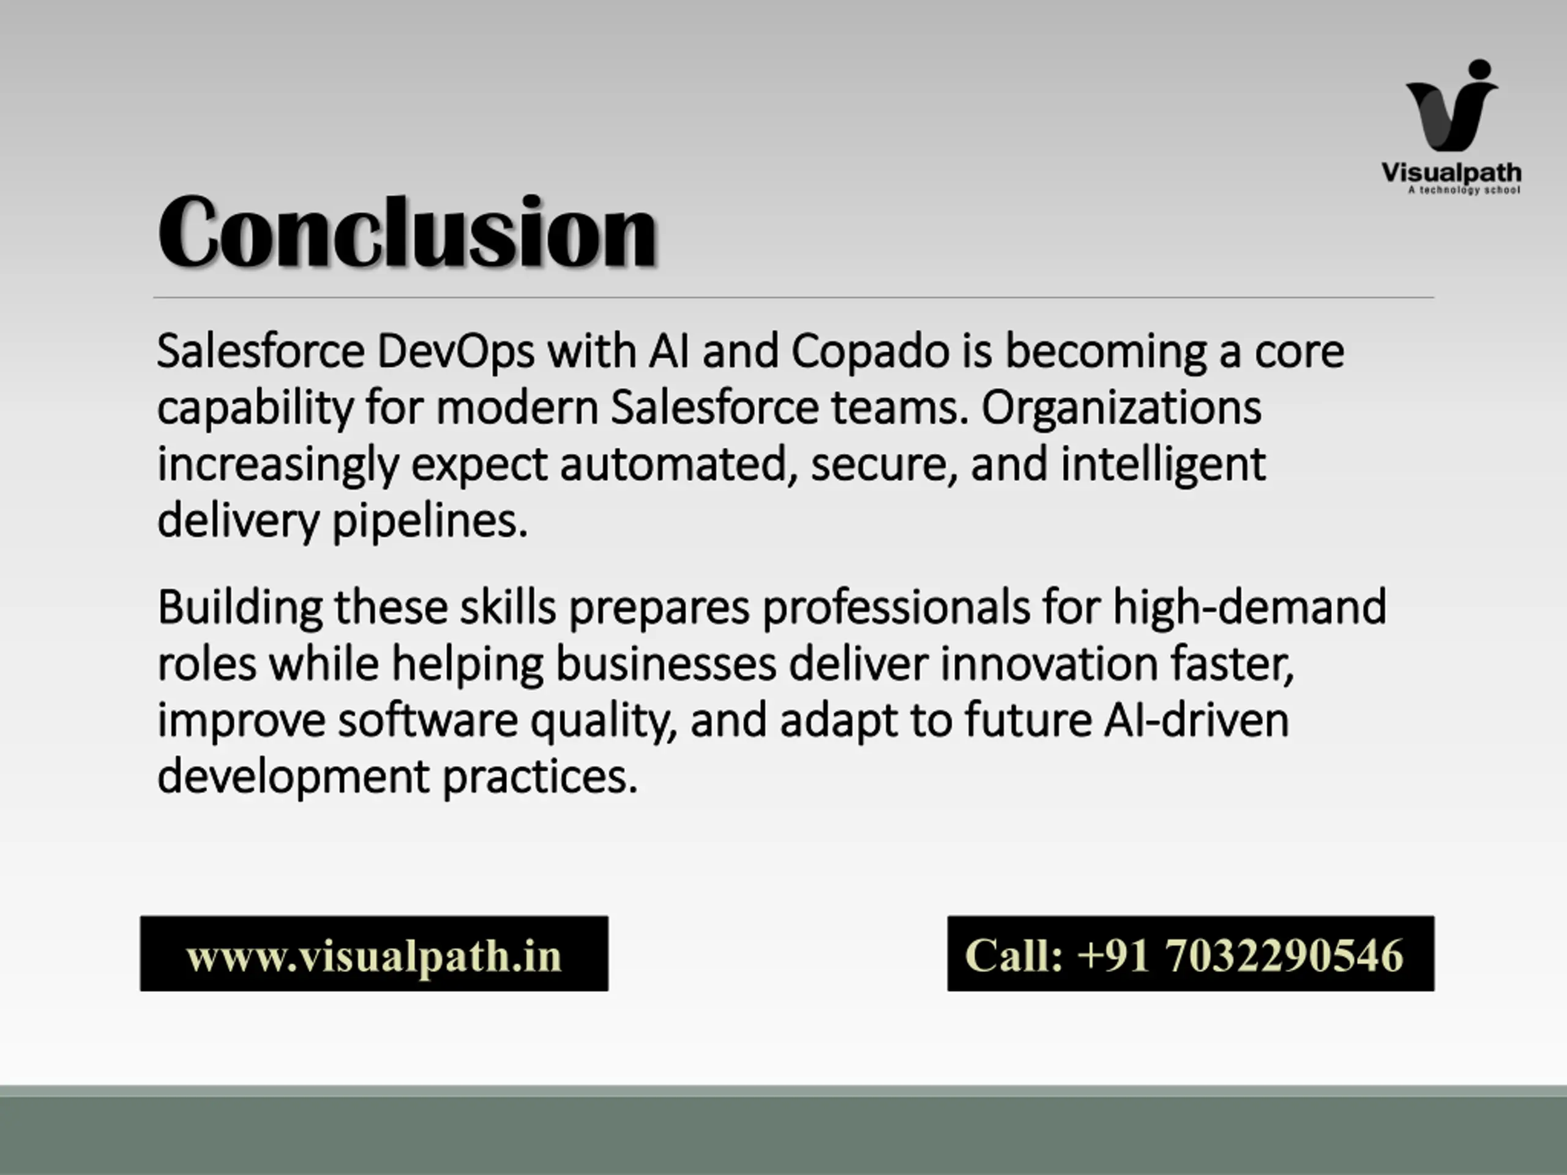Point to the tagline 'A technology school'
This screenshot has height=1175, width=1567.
click(x=1464, y=190)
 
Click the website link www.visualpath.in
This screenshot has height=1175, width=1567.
click(x=374, y=955)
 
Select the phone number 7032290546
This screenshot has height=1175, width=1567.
click(x=1284, y=955)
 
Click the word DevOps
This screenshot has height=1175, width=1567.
click(x=455, y=352)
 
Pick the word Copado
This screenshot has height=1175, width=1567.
click(x=870, y=352)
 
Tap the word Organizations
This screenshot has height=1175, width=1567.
click(x=1121, y=408)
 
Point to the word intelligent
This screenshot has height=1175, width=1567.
click(x=1162, y=464)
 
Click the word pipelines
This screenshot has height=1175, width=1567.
click(x=430, y=522)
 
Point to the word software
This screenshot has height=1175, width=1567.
click(x=428, y=720)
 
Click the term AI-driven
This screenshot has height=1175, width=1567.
click(x=1197, y=720)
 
